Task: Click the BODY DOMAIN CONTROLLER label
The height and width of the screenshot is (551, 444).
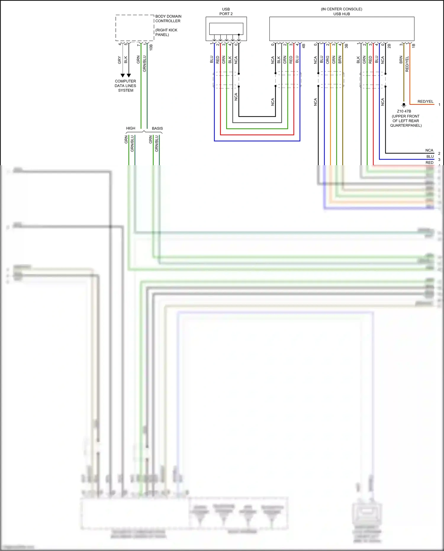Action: (168, 19)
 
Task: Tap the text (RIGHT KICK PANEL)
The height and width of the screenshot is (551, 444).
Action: (166, 32)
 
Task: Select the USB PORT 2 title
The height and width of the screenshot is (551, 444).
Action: (226, 12)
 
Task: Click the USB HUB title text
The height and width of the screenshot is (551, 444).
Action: (342, 14)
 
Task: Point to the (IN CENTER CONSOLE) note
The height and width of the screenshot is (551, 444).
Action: (342, 9)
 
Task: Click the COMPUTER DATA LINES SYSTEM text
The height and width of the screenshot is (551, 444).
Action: (126, 86)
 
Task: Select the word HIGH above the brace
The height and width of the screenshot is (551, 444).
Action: (131, 128)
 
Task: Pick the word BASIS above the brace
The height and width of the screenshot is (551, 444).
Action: (157, 128)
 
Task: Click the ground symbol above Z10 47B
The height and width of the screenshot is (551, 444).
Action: (404, 105)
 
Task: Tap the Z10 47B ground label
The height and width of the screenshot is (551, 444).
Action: (404, 111)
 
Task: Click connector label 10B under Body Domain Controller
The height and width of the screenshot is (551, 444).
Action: (151, 47)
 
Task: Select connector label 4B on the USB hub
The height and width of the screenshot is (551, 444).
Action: (304, 46)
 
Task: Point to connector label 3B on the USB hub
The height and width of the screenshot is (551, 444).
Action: (346, 46)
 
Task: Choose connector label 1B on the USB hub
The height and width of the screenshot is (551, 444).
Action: (414, 46)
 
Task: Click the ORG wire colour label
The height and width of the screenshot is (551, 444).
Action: (328, 60)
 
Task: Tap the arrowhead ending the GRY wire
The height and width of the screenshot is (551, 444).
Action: (123, 75)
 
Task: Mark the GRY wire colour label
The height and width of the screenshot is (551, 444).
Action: (120, 60)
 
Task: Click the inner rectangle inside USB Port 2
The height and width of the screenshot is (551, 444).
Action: (226, 29)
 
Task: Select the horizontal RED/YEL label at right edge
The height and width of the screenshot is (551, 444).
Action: (425, 102)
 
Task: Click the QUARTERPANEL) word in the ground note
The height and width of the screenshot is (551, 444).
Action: (406, 126)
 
